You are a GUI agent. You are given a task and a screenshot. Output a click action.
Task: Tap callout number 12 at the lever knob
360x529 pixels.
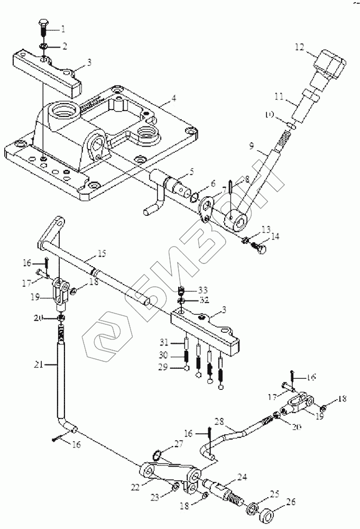pyautogui.click(x=300, y=48)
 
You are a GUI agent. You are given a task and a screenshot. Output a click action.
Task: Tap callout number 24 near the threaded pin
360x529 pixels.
pyautogui.click(x=242, y=476)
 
